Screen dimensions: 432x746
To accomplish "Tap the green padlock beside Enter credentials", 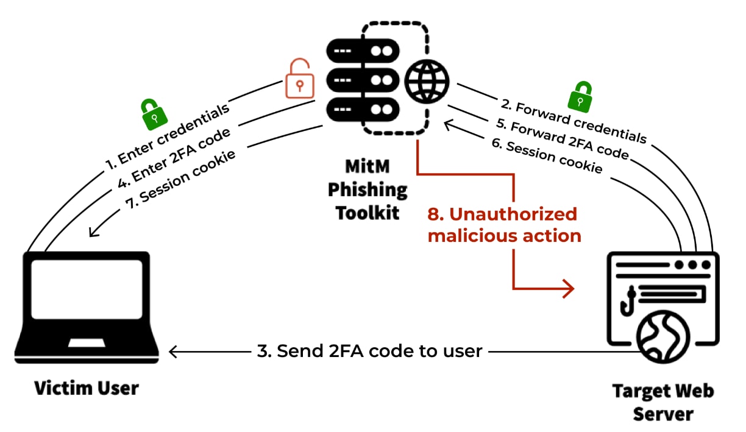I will point(154,113).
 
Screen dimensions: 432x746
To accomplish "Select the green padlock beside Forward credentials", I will point(581,95).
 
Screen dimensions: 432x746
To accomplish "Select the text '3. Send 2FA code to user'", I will point(371,351).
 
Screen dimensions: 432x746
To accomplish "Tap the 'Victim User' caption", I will point(86,388).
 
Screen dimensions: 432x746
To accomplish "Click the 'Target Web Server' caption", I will point(663,402).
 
